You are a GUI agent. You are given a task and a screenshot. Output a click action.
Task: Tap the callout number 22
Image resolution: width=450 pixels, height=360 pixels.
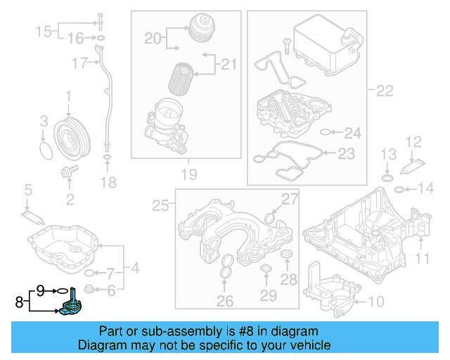(385, 91)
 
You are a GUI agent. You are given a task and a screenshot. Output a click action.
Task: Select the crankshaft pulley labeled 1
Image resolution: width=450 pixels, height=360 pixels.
(70, 134)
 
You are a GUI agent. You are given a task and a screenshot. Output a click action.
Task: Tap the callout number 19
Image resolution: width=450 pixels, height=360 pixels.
(188, 174)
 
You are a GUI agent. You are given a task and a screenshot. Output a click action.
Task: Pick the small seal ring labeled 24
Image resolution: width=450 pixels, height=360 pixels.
(326, 131)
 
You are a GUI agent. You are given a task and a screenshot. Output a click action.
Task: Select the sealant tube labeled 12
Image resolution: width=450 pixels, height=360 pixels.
(410, 169)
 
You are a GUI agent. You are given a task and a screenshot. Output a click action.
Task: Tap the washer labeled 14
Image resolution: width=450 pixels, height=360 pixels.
(399, 188)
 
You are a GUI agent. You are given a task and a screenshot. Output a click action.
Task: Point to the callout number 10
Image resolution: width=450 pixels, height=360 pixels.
(376, 302)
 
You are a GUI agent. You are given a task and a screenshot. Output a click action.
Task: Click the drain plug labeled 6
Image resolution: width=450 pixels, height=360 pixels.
(89, 290)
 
